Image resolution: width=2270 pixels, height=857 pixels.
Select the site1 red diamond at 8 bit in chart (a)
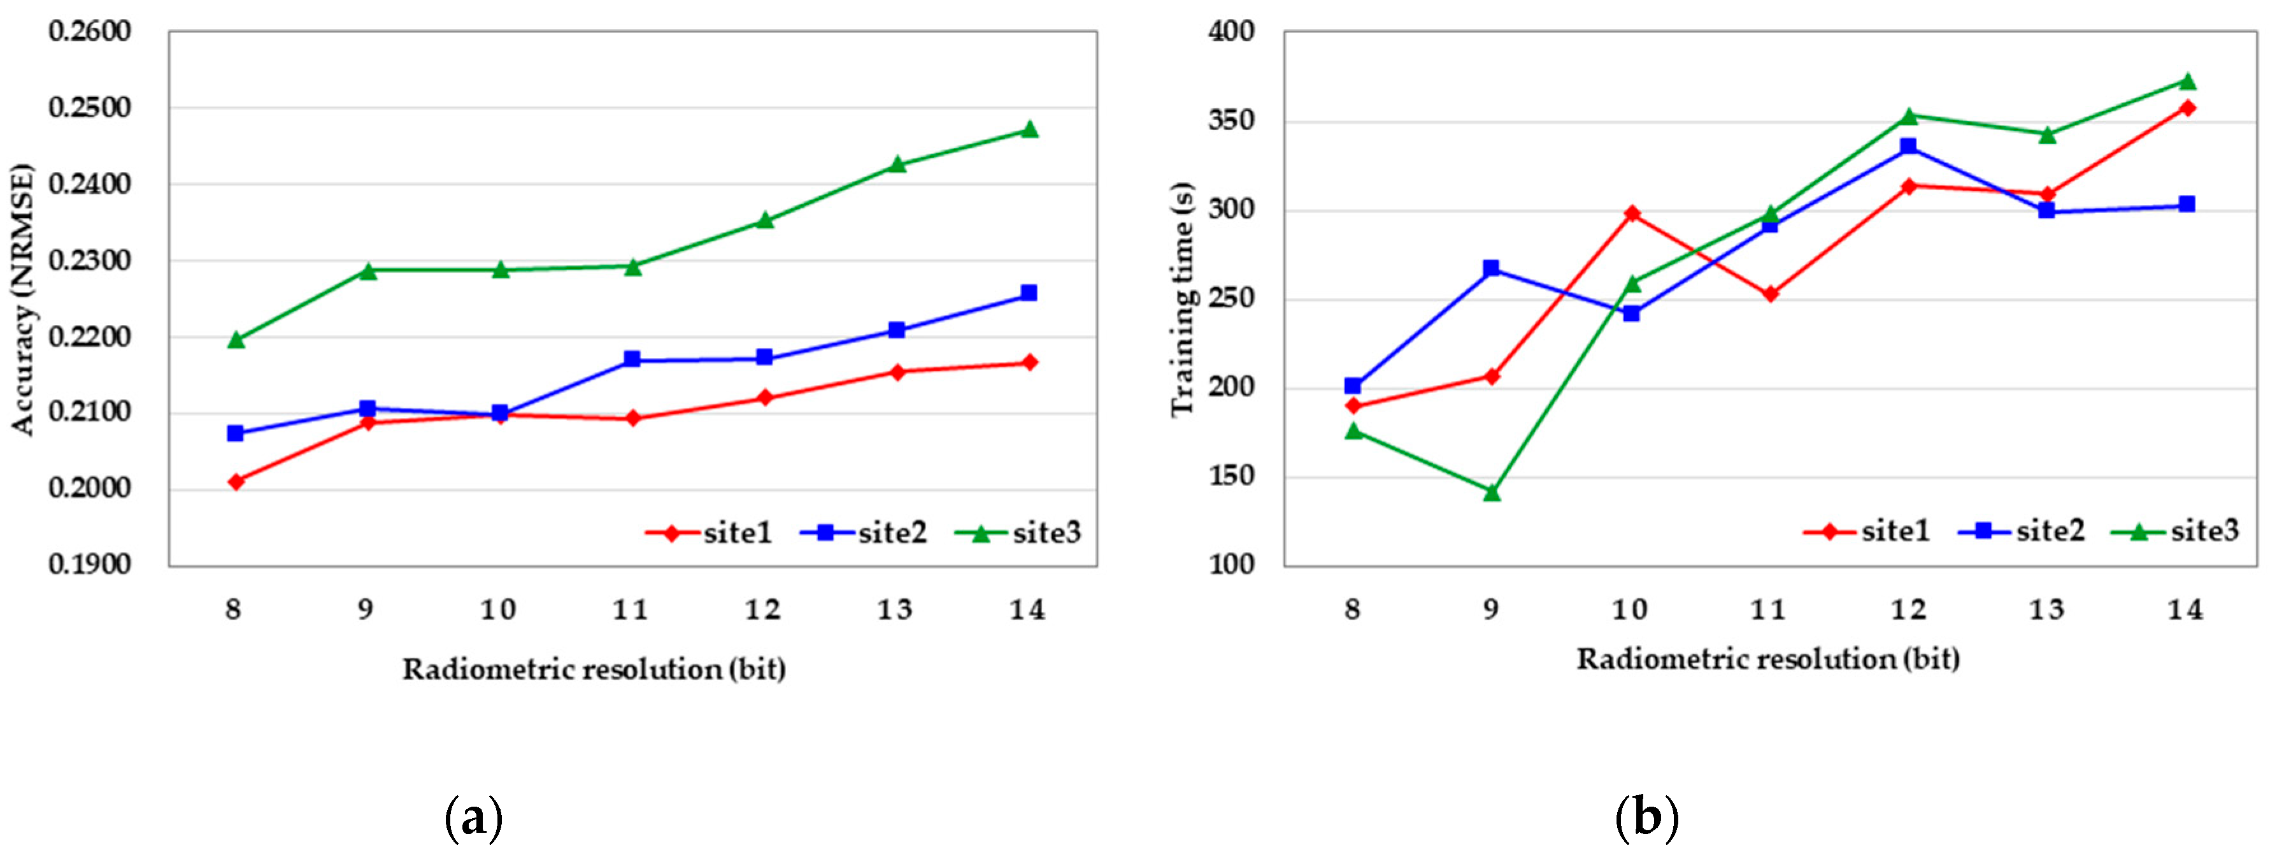(235, 482)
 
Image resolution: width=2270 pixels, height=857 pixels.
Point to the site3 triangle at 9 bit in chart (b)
(1492, 492)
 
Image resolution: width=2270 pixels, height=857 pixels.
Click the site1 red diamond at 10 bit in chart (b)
(1632, 214)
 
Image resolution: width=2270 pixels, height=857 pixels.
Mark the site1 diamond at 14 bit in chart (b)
(2187, 108)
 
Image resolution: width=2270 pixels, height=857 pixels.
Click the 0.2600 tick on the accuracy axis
(89, 32)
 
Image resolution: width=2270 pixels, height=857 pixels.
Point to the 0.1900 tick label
(89, 565)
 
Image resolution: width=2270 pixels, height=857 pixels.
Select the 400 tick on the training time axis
(1231, 32)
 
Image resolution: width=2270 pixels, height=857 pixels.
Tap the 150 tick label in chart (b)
(1231, 476)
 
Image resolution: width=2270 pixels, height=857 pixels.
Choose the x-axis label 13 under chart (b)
(2047, 610)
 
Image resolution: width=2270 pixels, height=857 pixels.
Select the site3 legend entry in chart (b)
(2176, 531)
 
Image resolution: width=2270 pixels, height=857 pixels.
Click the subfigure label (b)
(1646, 818)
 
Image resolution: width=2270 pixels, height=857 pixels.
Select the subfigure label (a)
(474, 818)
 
